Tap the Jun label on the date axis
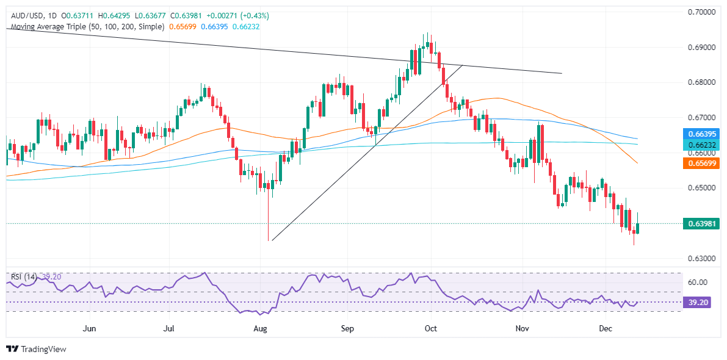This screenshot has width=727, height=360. click(90, 329)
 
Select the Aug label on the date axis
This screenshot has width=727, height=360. click(261, 329)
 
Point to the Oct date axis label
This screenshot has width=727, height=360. click(431, 329)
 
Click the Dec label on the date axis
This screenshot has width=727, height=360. click(605, 329)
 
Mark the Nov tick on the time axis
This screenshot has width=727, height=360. click(522, 329)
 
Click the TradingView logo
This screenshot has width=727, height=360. click(36, 349)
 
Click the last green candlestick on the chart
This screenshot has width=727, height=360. click(638, 228)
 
